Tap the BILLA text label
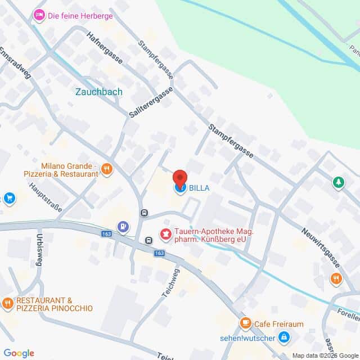tap(199, 188)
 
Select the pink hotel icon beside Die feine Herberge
tap(39, 15)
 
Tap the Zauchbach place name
tap(98, 91)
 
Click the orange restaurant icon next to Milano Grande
tap(107, 169)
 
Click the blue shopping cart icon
tap(9, 198)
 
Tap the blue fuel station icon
tap(123, 227)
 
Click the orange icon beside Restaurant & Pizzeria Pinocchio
tap(7, 304)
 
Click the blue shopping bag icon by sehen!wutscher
tap(284, 337)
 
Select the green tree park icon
tap(337, 182)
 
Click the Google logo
tap(19, 353)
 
